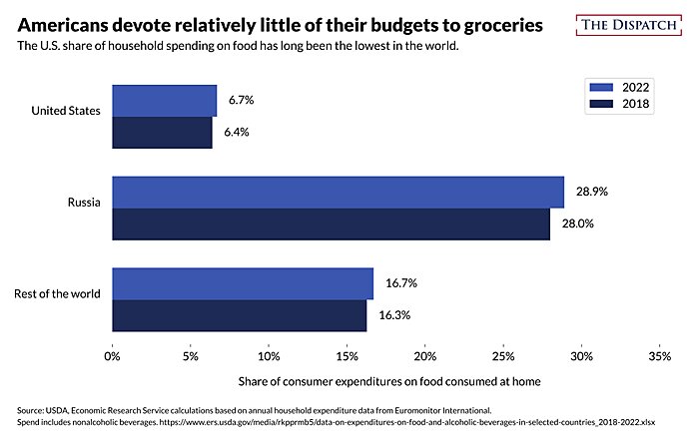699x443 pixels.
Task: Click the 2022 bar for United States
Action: (164, 101)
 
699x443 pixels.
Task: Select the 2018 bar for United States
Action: (162, 133)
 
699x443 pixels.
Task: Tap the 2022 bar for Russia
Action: (338, 192)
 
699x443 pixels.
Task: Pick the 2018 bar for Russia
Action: (331, 223)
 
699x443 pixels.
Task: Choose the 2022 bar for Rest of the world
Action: (243, 283)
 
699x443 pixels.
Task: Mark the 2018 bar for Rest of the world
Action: (239, 315)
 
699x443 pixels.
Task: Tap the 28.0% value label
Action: (578, 223)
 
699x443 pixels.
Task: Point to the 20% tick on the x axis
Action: (424, 354)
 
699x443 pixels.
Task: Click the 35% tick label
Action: (659, 354)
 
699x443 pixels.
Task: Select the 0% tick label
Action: (113, 354)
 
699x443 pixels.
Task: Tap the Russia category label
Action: (84, 203)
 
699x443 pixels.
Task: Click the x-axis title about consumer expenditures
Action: (384, 380)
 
